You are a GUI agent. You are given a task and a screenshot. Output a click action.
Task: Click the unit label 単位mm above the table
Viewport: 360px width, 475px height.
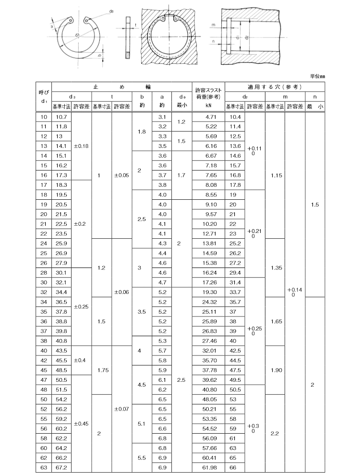pyautogui.click(x=317, y=75)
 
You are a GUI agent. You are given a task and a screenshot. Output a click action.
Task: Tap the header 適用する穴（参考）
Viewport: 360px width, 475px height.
pyautogui.click(x=275, y=87)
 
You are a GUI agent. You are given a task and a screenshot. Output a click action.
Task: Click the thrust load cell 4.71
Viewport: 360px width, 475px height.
pyautogui.click(x=208, y=117)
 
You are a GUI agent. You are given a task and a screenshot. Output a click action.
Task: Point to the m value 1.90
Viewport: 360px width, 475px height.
pyautogui.click(x=276, y=370)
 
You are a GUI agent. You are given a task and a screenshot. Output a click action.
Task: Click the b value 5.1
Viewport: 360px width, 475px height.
pyautogui.click(x=142, y=424)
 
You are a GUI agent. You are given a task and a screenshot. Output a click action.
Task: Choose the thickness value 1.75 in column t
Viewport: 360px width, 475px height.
pyautogui.click(x=101, y=370)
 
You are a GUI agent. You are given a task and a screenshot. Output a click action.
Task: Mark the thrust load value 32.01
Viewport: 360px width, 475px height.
pyautogui.click(x=208, y=351)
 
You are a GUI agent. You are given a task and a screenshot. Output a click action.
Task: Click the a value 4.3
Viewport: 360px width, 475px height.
pyautogui.click(x=162, y=244)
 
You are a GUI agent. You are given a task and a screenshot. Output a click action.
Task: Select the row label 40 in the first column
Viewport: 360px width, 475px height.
pyautogui.click(x=44, y=351)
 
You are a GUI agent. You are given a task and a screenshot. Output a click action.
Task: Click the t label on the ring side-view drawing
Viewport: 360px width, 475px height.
pyautogui.click(x=136, y=24)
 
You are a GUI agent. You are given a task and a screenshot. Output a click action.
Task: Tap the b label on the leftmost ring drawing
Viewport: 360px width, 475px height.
pyautogui.click(x=99, y=56)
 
